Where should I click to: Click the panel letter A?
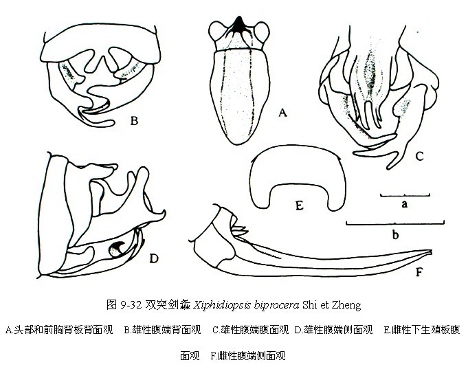coord(282,113)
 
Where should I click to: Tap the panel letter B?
coord(134,121)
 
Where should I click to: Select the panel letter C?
coord(420,156)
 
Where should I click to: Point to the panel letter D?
coord(154,258)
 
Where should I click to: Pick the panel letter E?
coord(300,205)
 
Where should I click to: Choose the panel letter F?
coord(419,272)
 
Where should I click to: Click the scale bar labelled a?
coord(405,195)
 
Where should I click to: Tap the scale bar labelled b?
coord(395,223)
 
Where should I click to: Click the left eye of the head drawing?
coord(216,32)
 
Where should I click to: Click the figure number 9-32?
coord(131,305)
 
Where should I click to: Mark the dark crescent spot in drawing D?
coord(116,248)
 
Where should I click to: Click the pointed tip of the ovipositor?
coord(432,252)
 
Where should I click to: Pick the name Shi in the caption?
coord(309,305)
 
